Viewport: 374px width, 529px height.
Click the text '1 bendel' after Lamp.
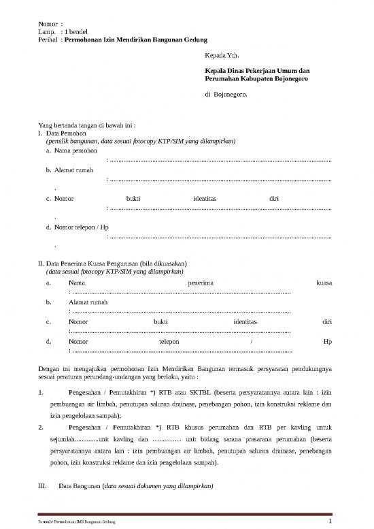pos(75,33)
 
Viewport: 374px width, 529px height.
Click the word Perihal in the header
pos(48,41)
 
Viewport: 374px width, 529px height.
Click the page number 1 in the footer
pos(329,522)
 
